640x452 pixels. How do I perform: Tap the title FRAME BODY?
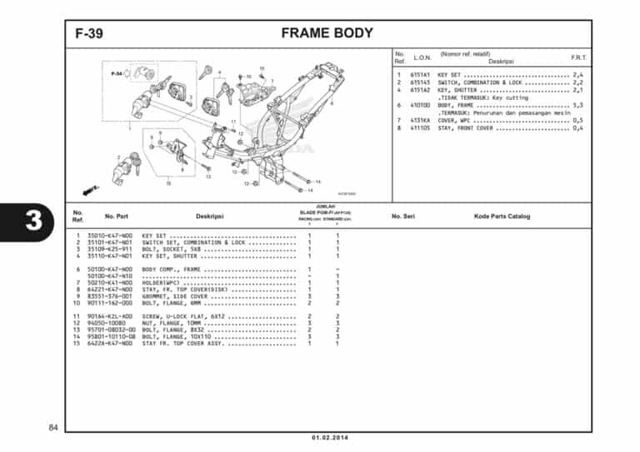pos(327,34)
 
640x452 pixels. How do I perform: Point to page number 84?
pos(52,428)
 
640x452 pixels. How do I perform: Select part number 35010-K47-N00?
pos(110,236)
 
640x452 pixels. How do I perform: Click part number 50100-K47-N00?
pos(110,270)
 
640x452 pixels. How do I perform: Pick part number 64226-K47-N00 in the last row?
pos(110,343)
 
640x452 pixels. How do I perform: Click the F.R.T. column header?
pos(577,57)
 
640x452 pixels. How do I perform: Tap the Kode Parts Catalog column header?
pos(502,216)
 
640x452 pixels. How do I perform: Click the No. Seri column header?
pos(403,216)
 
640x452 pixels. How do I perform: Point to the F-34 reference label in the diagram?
pos(117,74)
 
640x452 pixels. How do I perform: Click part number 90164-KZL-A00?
pos(110,316)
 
